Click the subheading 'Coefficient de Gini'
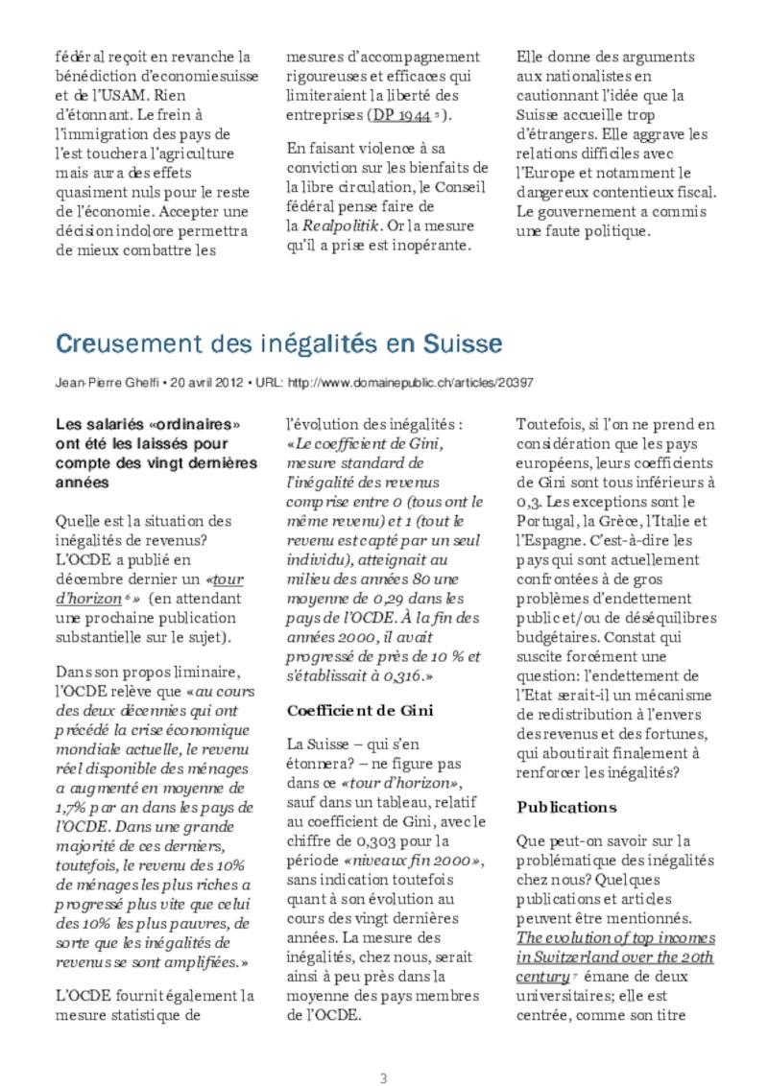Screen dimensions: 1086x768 (360, 710)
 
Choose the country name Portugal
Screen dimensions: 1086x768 (547, 521)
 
